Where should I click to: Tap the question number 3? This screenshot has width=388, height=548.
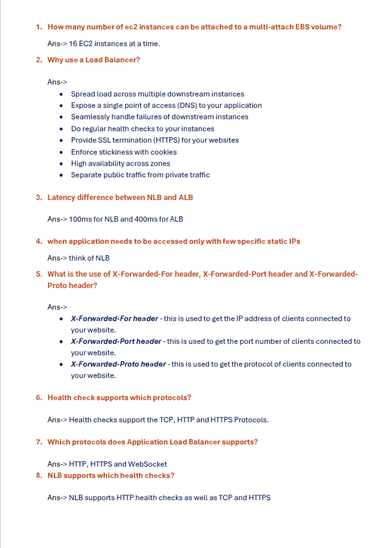[38, 197]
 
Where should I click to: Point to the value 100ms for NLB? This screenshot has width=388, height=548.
[79, 219]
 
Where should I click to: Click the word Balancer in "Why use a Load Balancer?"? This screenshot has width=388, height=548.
[121, 60]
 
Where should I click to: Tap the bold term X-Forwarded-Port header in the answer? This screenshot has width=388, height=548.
[116, 341]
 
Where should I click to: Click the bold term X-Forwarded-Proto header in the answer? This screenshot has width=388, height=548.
[118, 364]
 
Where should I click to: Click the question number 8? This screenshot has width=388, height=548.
[38, 476]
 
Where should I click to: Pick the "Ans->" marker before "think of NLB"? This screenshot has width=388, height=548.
[57, 258]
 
